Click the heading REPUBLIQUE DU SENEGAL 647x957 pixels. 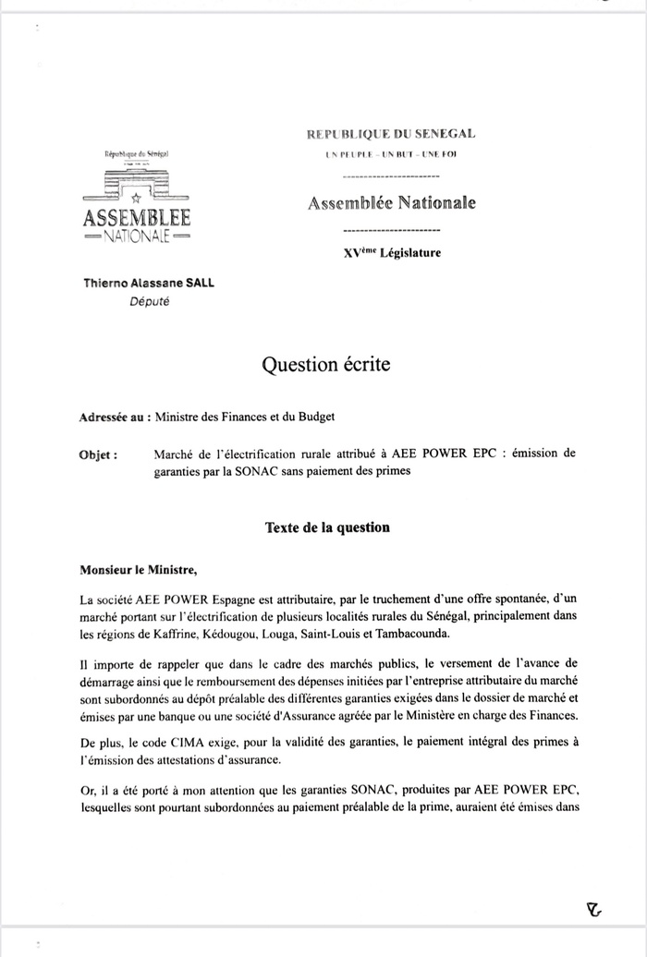pos(391,135)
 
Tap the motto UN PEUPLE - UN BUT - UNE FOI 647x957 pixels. pos(391,154)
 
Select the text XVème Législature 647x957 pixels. pos(391,252)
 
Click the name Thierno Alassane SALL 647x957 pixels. pos(149,284)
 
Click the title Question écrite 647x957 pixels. pos(326,365)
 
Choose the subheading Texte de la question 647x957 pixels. pos(327,527)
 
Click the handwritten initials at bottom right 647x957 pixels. pos(594,908)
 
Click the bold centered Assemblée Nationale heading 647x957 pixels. pos(391,203)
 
